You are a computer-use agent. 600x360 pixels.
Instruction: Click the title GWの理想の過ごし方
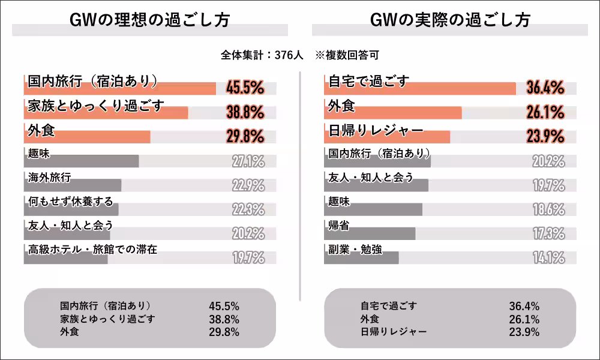click(x=149, y=20)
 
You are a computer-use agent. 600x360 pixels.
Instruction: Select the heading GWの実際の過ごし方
click(x=450, y=20)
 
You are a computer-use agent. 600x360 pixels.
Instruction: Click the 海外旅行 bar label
click(x=50, y=177)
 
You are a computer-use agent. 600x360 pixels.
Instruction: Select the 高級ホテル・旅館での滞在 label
click(x=92, y=249)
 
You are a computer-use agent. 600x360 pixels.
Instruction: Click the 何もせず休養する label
click(x=70, y=201)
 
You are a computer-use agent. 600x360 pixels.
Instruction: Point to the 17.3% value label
click(x=548, y=233)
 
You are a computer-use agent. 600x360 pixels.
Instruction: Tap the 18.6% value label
click(x=548, y=209)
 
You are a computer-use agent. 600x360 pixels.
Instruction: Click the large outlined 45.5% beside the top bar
click(x=245, y=88)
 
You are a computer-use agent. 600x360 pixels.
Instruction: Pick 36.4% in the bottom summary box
click(x=524, y=306)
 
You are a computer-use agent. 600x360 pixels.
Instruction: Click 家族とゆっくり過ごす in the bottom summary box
click(x=107, y=319)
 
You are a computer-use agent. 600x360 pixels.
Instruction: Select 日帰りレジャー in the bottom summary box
click(x=394, y=331)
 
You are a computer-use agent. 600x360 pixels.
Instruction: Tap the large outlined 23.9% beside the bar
click(x=545, y=136)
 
